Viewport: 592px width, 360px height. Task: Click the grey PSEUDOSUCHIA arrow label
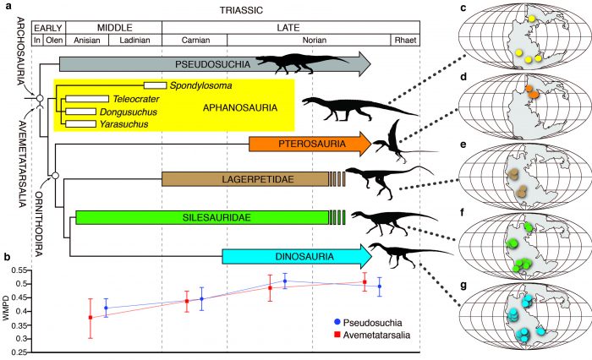[x=207, y=63]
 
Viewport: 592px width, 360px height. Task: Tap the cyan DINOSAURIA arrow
[x=296, y=255]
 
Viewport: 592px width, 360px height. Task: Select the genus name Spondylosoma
[x=199, y=85]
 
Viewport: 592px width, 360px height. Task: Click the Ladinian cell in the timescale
[x=134, y=40]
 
